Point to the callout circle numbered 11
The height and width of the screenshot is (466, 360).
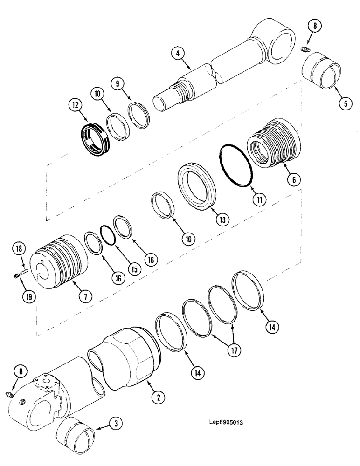point(259,199)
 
